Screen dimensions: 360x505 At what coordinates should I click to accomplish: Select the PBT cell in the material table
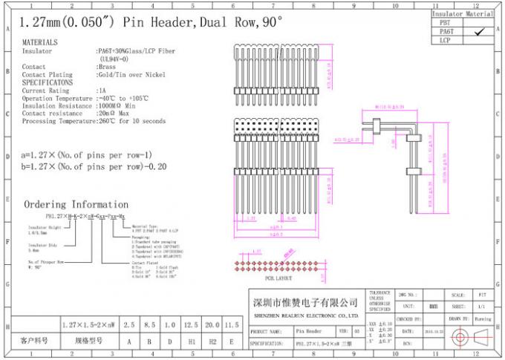point(446,23)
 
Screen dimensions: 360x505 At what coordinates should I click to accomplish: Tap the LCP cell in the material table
point(446,40)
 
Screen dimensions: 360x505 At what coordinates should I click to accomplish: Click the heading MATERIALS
point(40,43)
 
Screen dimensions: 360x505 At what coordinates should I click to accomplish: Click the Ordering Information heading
point(76,204)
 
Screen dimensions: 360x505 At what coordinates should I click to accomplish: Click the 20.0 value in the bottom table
point(213,324)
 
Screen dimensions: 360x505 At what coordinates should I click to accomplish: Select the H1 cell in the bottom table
point(192,341)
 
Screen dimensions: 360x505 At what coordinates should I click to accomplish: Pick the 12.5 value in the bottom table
point(192,324)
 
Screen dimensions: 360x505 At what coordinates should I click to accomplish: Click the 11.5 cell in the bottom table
point(232,324)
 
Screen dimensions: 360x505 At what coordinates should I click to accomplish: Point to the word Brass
point(106,68)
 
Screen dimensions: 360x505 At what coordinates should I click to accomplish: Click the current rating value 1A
point(102,91)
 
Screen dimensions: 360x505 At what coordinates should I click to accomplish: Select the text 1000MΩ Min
point(117,106)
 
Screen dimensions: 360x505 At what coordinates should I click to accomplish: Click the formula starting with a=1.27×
point(87,155)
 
